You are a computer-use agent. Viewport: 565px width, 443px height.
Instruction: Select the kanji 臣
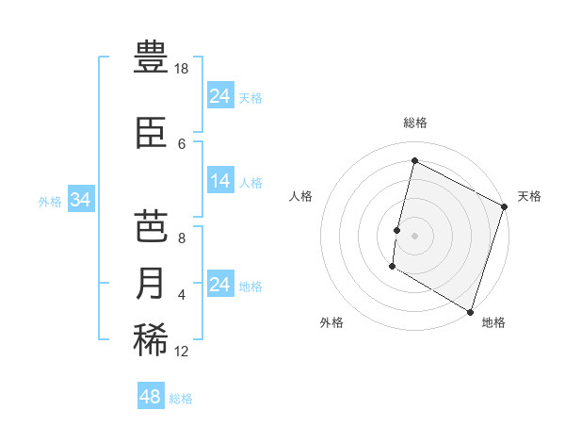click(x=152, y=132)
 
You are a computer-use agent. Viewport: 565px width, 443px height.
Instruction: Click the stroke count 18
click(x=182, y=69)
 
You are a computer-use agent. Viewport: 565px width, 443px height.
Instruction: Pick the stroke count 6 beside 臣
click(x=182, y=143)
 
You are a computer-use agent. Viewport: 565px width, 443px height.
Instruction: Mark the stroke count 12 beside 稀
click(x=182, y=352)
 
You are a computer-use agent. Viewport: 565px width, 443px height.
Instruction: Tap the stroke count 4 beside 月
click(x=182, y=295)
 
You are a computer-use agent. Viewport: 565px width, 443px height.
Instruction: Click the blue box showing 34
click(x=80, y=200)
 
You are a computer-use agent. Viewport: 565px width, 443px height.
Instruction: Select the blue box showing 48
click(x=151, y=397)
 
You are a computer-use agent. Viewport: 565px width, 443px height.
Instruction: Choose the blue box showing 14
click(x=220, y=181)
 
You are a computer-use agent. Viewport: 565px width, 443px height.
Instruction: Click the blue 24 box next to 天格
click(x=220, y=96)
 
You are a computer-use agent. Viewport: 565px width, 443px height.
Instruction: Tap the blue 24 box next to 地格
click(x=220, y=285)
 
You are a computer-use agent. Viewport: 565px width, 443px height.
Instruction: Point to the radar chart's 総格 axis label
click(x=415, y=123)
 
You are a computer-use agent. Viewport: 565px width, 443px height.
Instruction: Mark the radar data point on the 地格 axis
click(x=469, y=310)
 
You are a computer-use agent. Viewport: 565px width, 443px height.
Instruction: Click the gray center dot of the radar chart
click(x=414, y=235)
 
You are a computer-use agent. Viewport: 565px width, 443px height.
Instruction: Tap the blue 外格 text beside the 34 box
click(x=50, y=201)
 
